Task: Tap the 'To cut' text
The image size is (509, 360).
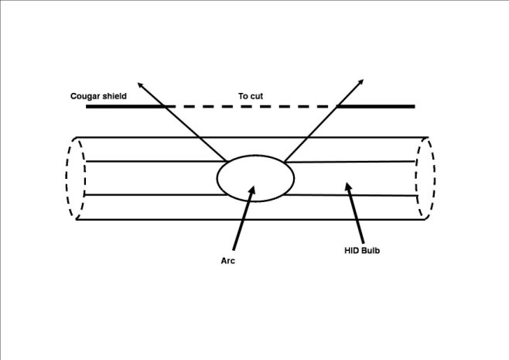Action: coord(251,96)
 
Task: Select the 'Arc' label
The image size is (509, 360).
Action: coord(227,261)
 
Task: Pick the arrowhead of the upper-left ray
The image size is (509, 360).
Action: coord(142,82)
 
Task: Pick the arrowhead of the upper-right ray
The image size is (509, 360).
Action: coord(363,81)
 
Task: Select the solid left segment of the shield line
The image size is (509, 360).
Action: coord(124,107)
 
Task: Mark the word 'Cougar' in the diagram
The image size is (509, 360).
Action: coord(84,96)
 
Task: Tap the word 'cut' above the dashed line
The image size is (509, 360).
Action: coord(257,96)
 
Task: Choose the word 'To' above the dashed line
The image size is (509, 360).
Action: coord(243,96)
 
